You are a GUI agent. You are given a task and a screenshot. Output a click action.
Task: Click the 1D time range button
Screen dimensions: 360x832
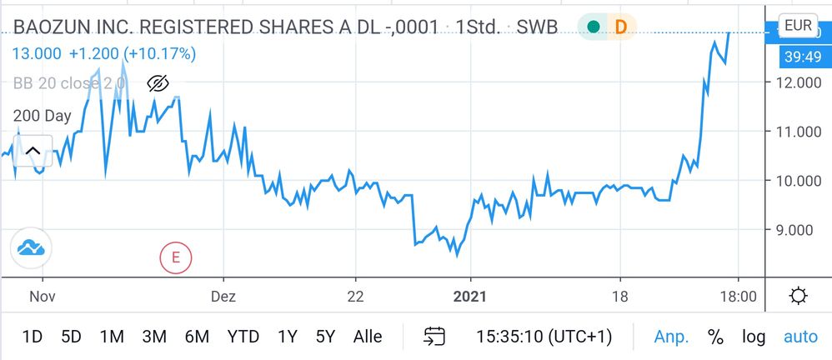pyautogui.click(x=32, y=337)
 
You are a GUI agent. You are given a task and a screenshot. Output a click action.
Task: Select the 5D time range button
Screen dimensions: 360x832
pyautogui.click(x=71, y=337)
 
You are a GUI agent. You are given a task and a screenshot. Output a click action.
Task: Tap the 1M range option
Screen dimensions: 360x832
pyautogui.click(x=112, y=337)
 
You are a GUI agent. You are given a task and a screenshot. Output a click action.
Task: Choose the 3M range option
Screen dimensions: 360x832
pyautogui.click(x=154, y=337)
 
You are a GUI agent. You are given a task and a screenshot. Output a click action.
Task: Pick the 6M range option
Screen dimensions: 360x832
pyautogui.click(x=197, y=337)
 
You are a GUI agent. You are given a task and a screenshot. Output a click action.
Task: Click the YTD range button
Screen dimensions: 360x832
pyautogui.click(x=243, y=337)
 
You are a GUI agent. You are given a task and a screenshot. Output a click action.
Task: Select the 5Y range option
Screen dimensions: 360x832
pyautogui.click(x=325, y=337)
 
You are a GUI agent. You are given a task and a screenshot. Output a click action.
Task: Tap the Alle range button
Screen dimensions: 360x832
pyautogui.click(x=368, y=337)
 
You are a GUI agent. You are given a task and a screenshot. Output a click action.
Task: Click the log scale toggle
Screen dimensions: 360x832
pyautogui.click(x=754, y=337)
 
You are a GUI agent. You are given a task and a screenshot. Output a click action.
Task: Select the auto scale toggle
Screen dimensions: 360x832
pyautogui.click(x=800, y=337)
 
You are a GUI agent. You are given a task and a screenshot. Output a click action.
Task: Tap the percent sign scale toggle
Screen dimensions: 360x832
pyautogui.click(x=715, y=337)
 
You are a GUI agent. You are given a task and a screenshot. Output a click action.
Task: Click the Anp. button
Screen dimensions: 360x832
pyautogui.click(x=672, y=337)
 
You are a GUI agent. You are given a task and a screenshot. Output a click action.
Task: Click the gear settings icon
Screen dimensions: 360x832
pyautogui.click(x=798, y=296)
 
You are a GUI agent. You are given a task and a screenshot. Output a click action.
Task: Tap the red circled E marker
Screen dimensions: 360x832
pyautogui.click(x=176, y=257)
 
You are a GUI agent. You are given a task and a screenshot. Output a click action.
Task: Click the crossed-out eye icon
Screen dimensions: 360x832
pyautogui.click(x=158, y=83)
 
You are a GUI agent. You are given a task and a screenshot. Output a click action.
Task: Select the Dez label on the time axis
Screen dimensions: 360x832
pyautogui.click(x=223, y=296)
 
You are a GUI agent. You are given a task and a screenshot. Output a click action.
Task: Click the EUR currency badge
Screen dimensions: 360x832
pyautogui.click(x=798, y=26)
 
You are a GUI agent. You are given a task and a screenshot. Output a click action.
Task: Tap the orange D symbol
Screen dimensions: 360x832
pyautogui.click(x=620, y=27)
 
